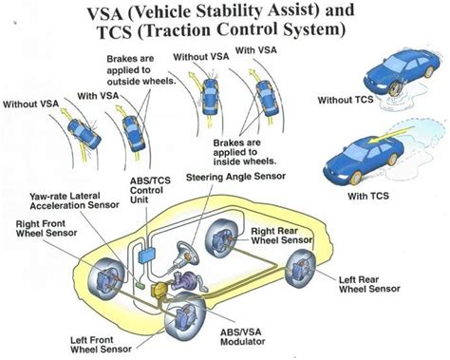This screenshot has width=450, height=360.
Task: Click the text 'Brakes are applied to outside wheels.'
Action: coord(132,74)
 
